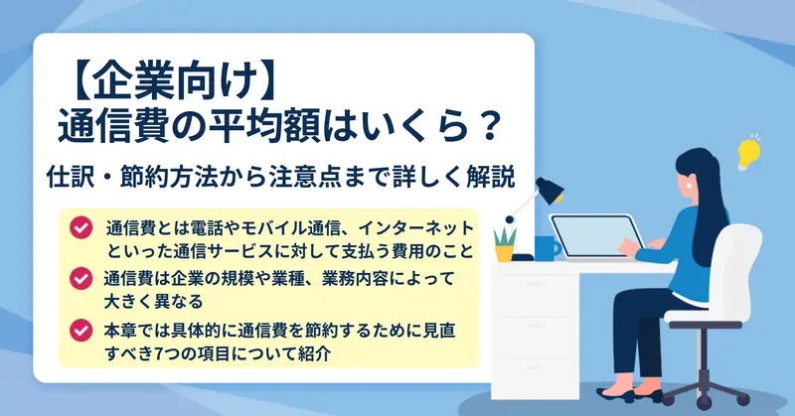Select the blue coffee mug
click(547, 249)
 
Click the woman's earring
click(689, 186)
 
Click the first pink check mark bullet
click(81, 228)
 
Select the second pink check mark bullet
click(81, 278)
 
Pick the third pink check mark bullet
click(81, 331)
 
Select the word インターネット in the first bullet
click(416, 228)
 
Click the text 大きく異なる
click(153, 302)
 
